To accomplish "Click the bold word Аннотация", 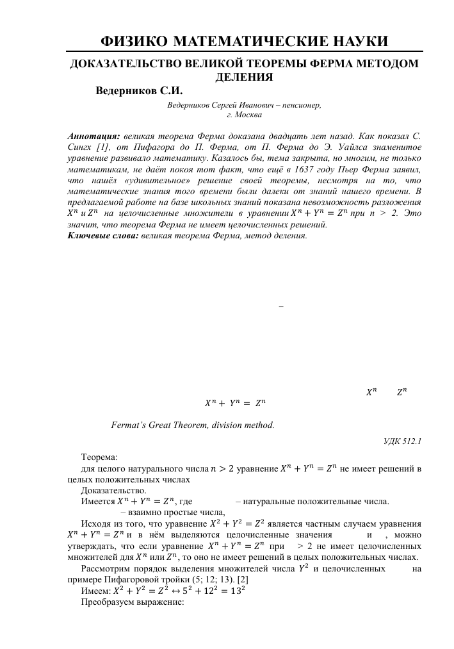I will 93,136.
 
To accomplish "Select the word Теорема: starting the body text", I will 99,459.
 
